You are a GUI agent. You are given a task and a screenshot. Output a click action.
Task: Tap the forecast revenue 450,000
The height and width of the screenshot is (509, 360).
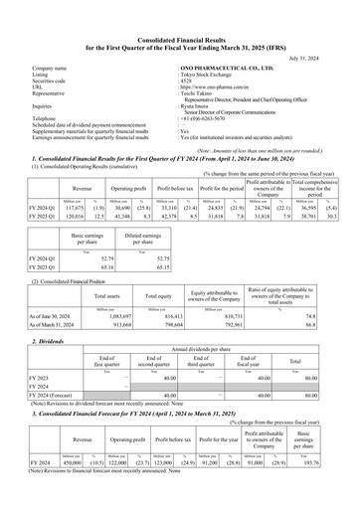(x=77, y=462)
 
